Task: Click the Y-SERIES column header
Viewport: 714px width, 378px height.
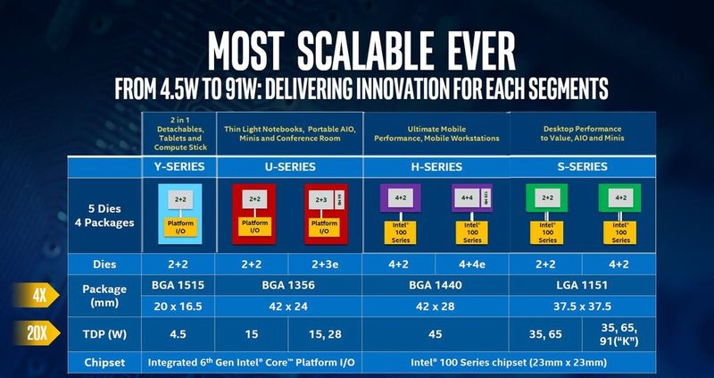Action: [178, 167]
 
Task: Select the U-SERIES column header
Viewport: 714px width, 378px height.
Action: [289, 167]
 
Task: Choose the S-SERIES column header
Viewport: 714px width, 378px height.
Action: [583, 167]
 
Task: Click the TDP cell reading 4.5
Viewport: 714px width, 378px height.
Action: [178, 334]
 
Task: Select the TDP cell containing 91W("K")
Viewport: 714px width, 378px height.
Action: [619, 334]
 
